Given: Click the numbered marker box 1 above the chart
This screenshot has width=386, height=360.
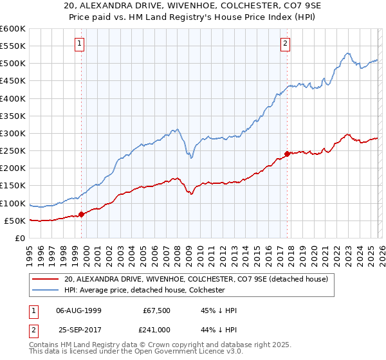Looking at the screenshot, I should point(79,44).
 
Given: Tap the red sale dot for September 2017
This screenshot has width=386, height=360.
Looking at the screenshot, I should point(287,154).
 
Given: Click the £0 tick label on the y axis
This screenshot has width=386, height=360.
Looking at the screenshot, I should point(21,238).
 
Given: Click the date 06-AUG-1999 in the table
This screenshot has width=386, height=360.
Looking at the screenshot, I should point(79,310).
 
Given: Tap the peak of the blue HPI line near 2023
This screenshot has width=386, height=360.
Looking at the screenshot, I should point(347,53).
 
